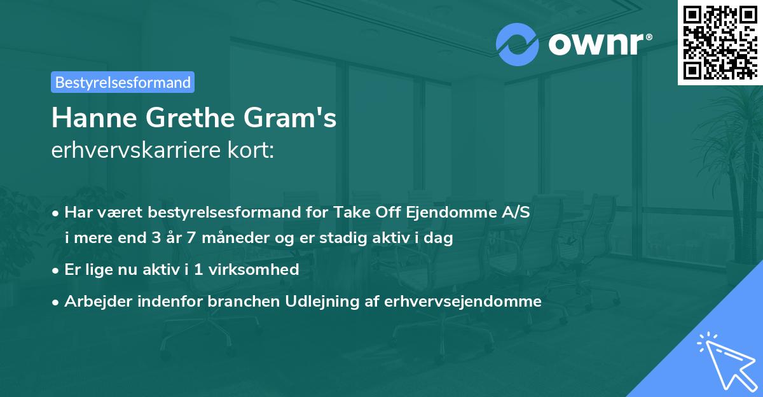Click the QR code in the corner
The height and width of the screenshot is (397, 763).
[720, 42]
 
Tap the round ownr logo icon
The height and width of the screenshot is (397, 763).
[518, 44]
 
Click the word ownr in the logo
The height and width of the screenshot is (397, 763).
[595, 45]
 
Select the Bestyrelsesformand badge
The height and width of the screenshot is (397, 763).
[123, 82]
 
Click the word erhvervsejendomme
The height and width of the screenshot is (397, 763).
[463, 302]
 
